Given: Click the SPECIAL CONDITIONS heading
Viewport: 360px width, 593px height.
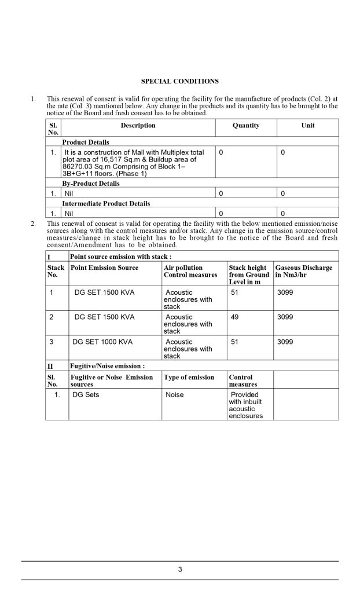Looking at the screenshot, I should (180, 81).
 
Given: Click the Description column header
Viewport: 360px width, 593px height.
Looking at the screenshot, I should (138, 126).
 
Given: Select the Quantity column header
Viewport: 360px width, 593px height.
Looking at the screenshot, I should (246, 126).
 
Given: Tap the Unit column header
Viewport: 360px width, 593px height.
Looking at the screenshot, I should (308, 126).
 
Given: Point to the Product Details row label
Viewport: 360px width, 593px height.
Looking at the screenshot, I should (86, 142).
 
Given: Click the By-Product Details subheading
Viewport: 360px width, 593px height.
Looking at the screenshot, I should (91, 184).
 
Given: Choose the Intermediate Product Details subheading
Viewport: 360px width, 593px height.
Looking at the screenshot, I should (106, 204).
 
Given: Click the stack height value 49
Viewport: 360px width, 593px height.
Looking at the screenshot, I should (234, 317).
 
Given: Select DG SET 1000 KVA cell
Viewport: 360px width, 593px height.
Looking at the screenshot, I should (102, 342).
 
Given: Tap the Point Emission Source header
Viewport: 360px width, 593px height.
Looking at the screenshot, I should (104, 268).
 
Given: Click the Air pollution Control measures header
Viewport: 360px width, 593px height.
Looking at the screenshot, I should (190, 272).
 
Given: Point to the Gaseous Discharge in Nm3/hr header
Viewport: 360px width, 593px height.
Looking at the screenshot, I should (304, 272).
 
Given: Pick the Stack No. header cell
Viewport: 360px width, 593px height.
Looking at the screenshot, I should (56, 272).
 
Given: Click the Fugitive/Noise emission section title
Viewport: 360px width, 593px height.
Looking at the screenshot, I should (107, 366).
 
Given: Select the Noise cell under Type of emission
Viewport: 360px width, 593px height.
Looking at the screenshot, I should (174, 395).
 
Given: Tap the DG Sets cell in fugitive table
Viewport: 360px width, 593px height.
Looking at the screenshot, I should (86, 395).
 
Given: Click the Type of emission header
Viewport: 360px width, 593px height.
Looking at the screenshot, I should (189, 378).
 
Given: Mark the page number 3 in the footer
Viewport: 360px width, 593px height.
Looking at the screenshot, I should (180, 570).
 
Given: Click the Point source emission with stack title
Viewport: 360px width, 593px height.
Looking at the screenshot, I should (120, 256).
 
